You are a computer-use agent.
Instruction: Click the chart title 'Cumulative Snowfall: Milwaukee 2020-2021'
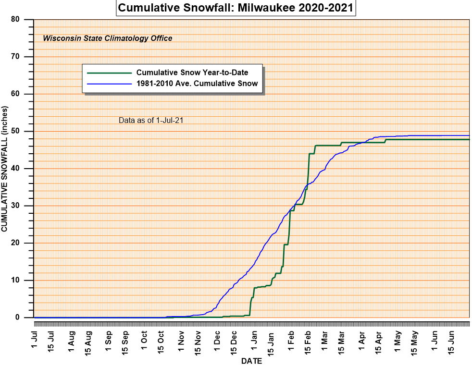[x=236, y=8]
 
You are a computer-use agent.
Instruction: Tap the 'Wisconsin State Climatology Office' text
[x=108, y=38]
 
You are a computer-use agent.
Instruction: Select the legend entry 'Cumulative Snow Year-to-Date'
[x=192, y=73]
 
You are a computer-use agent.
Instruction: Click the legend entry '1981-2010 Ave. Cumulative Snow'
[x=197, y=83]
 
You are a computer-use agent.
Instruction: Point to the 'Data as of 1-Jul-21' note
[x=151, y=120]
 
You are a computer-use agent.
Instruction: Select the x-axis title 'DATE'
[x=251, y=361]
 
